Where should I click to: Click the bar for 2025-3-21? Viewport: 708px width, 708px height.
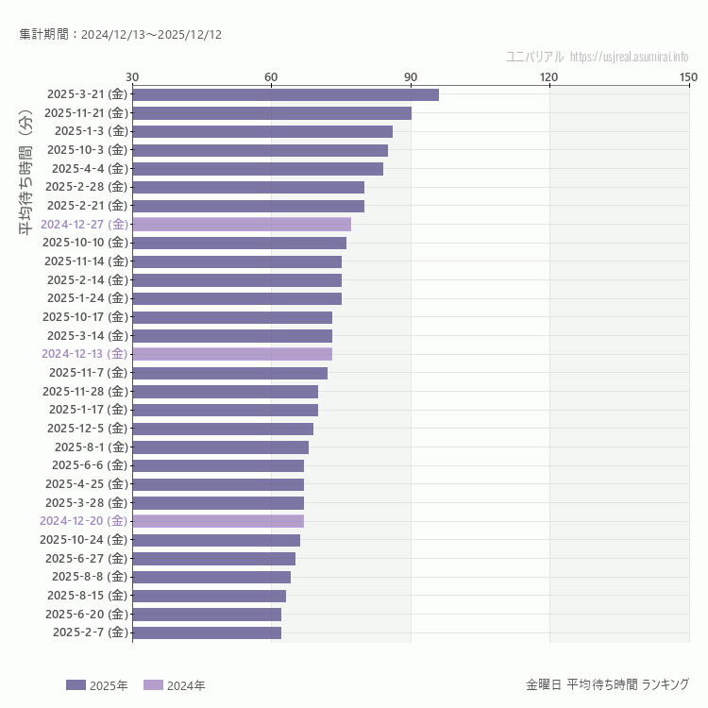(285, 94)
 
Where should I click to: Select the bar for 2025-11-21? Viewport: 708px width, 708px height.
(272, 113)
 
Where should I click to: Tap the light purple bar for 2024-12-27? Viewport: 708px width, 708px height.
(242, 225)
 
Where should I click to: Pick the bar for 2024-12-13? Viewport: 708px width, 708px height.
(232, 354)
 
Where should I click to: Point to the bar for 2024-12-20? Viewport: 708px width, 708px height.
(218, 521)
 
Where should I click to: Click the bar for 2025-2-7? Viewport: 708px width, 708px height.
(207, 632)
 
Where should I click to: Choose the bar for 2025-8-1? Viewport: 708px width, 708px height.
(221, 447)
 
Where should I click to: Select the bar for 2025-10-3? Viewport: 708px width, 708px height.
(260, 150)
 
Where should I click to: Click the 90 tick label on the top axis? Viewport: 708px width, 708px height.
(410, 76)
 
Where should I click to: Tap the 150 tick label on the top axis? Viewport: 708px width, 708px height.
(687, 76)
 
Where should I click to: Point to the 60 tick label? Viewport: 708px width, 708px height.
(271, 76)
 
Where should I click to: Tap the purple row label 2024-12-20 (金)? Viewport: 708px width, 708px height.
(83, 521)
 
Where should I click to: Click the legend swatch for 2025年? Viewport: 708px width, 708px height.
(76, 685)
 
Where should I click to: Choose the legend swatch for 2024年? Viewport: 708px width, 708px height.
(153, 685)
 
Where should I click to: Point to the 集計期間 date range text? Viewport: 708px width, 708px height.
(120, 35)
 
